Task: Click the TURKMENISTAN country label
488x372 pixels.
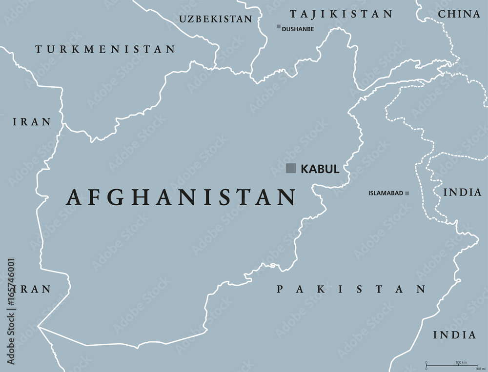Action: pyautogui.click(x=105, y=49)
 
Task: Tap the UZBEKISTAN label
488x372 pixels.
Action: pyautogui.click(x=216, y=19)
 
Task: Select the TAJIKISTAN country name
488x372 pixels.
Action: pyautogui.click(x=341, y=14)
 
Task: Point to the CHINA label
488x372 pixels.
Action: pyautogui.click(x=459, y=14)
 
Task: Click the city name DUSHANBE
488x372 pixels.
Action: pyautogui.click(x=298, y=29)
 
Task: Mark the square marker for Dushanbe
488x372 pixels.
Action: pyautogui.click(x=279, y=27)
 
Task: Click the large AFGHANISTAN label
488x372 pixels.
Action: pyautogui.click(x=181, y=197)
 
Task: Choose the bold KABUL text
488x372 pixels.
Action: pyautogui.click(x=320, y=169)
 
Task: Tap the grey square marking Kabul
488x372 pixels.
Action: pyautogui.click(x=291, y=168)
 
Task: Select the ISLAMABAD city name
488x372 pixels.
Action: pyautogui.click(x=386, y=194)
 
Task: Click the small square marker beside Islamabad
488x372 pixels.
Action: pyautogui.click(x=407, y=194)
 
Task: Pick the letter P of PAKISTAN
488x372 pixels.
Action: pyautogui.click(x=280, y=290)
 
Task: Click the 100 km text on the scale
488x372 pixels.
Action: pyautogui.click(x=461, y=363)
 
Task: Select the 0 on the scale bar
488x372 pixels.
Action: pyautogui.click(x=427, y=363)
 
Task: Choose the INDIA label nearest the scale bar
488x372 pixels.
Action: pyautogui.click(x=454, y=335)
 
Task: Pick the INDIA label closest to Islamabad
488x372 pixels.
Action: pyautogui.click(x=462, y=193)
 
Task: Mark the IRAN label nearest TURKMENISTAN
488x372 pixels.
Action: pyautogui.click(x=32, y=122)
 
